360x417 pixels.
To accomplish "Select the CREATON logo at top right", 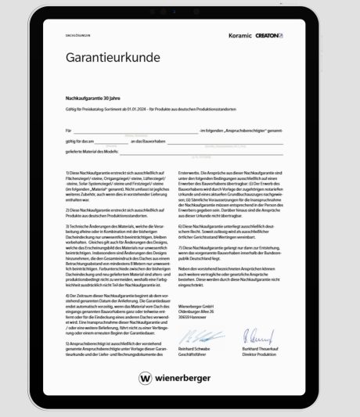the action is point(269,35).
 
